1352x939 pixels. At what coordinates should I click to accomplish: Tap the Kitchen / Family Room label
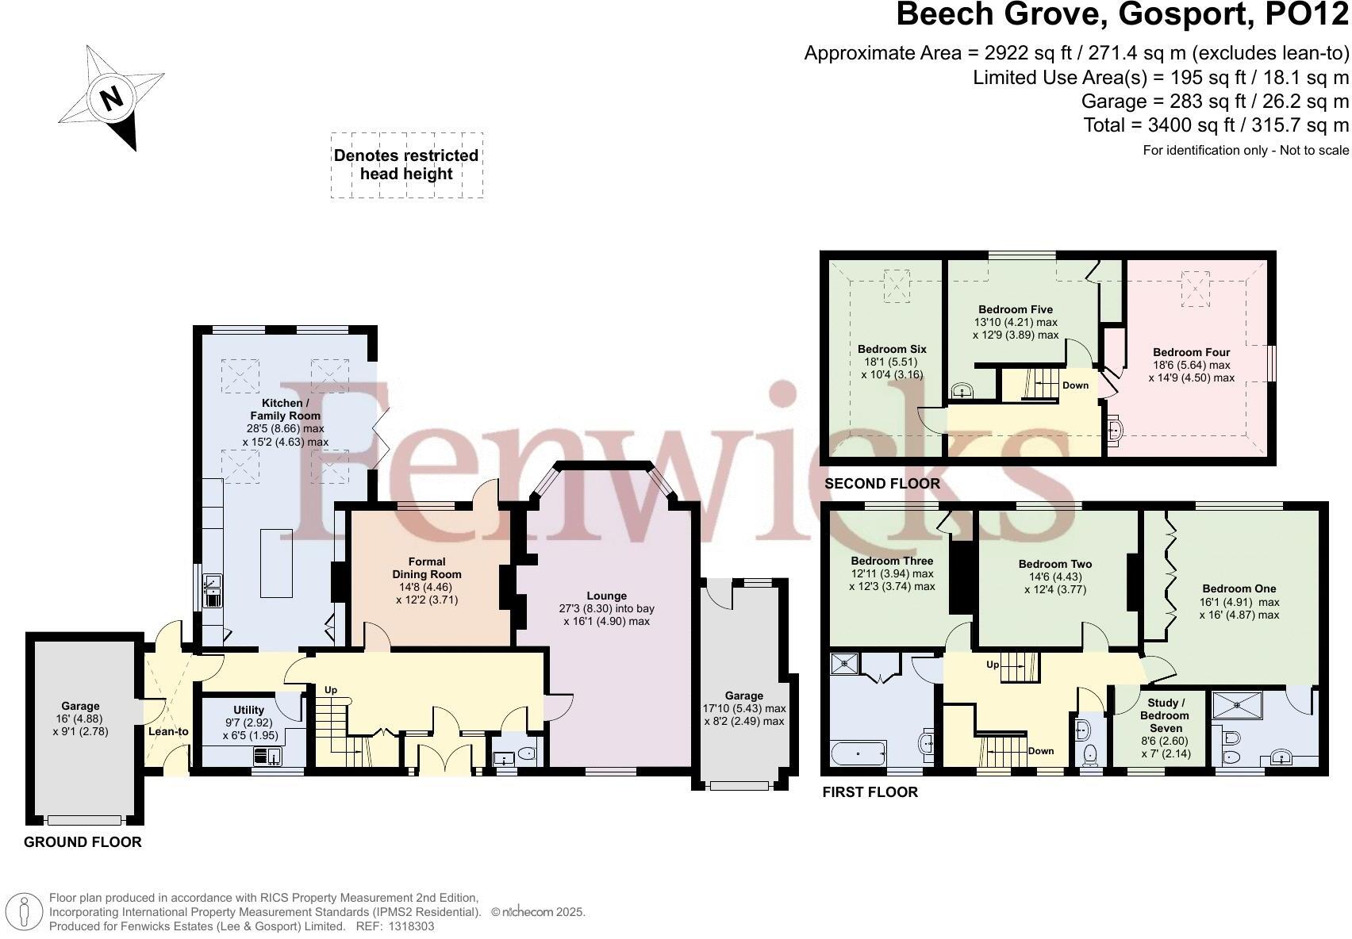(285, 409)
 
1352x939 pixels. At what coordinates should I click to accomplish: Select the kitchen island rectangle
(276, 563)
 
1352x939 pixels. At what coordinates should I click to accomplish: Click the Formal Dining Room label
(427, 568)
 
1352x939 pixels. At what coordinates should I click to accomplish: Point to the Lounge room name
(607, 596)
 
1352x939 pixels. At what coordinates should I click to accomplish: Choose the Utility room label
(248, 710)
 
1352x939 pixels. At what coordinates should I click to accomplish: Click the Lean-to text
(168, 731)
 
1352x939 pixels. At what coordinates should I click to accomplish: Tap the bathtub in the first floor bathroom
(858, 753)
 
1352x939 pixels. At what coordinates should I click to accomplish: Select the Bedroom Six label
(892, 349)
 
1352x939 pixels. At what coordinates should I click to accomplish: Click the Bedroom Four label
(1191, 352)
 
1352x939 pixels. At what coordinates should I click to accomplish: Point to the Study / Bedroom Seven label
(1165, 715)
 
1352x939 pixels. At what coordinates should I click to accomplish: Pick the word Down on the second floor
(1076, 385)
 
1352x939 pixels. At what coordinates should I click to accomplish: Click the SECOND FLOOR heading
(881, 484)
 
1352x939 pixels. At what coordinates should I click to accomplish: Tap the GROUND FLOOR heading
(83, 841)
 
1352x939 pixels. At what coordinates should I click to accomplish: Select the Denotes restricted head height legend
(406, 164)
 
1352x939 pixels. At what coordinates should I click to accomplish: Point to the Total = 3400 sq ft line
(1216, 125)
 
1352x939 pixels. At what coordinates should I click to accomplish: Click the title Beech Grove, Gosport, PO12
(1122, 13)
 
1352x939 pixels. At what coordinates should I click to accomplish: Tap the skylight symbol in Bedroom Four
(1196, 289)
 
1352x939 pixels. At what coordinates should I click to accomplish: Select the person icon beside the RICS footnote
(24, 911)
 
